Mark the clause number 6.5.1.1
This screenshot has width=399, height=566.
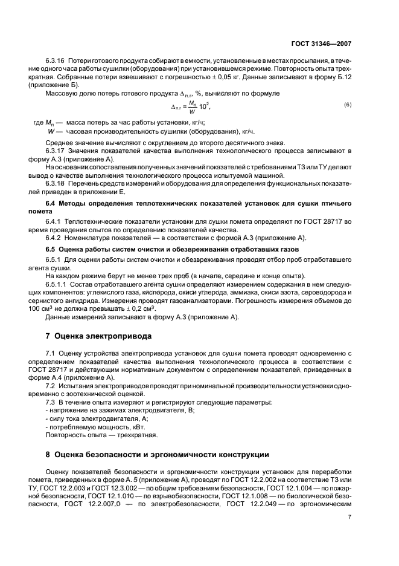click(x=59, y=284)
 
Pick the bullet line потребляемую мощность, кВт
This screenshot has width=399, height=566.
click(x=91, y=426)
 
